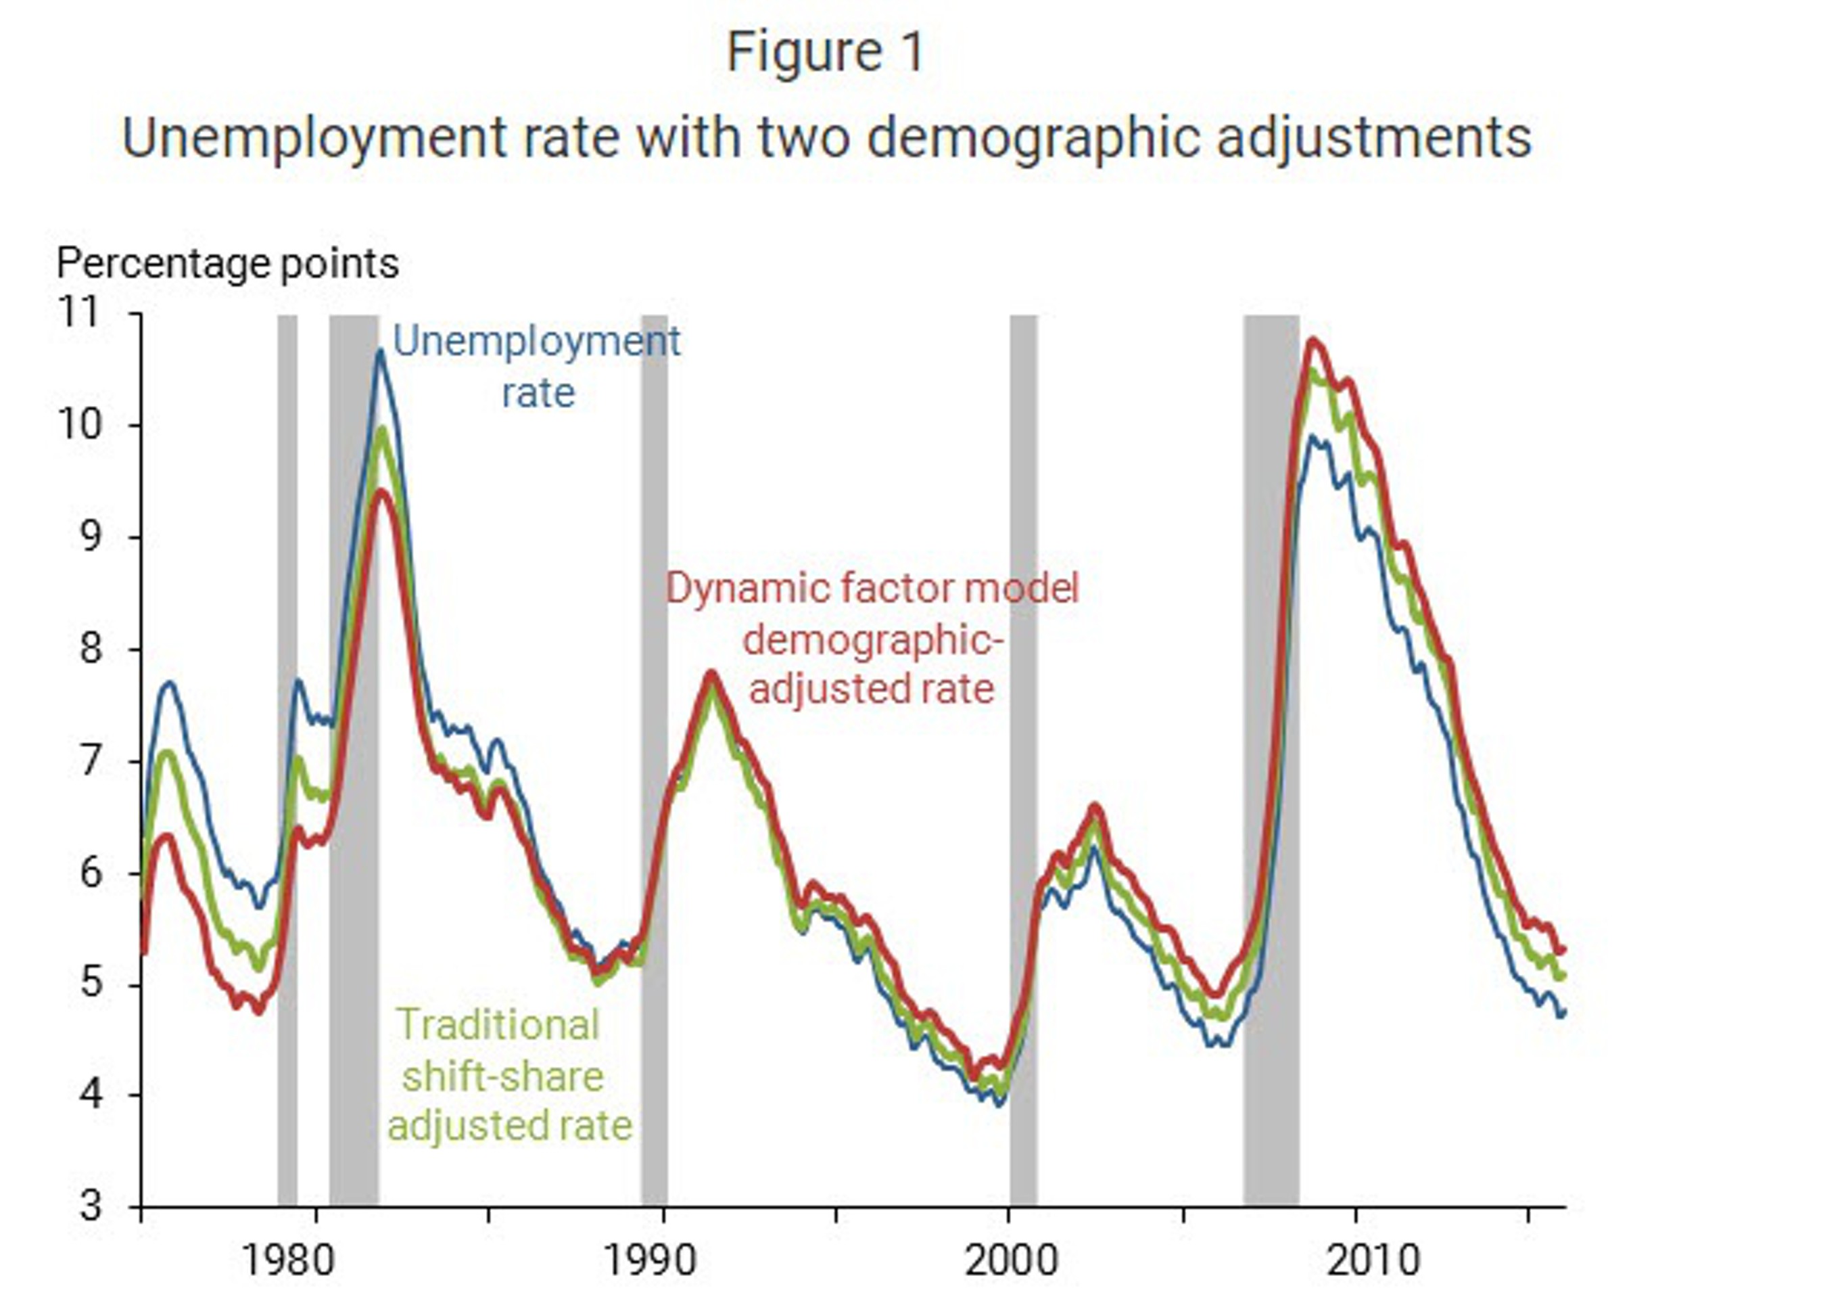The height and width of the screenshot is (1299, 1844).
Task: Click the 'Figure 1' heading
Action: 826,53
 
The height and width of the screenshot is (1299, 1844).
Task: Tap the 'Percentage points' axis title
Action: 227,263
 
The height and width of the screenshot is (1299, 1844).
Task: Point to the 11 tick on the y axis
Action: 80,313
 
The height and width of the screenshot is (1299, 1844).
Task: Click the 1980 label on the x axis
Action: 287,1261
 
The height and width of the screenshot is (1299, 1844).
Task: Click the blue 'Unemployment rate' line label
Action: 536,366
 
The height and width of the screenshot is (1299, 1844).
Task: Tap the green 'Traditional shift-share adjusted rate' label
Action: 509,1075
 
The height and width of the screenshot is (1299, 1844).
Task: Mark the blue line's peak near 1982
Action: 381,351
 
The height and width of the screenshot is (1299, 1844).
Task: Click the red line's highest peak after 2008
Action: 1314,340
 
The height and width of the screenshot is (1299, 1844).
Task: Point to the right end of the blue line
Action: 1562,1013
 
